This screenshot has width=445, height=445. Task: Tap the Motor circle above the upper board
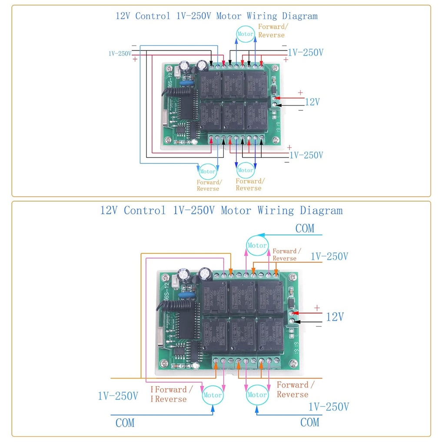click(245, 34)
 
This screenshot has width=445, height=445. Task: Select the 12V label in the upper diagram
click(312, 102)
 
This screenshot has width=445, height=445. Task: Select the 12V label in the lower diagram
click(335, 317)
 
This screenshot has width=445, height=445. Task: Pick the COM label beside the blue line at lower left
click(125, 422)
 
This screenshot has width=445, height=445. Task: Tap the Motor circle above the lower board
click(257, 246)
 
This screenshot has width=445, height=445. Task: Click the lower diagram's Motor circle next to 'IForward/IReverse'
click(213, 395)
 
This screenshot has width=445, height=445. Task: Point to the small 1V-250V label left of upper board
click(120, 54)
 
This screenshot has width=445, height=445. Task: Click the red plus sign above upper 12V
click(300, 93)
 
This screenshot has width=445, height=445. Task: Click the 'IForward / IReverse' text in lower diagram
click(169, 394)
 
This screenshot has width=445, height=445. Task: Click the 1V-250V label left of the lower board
click(118, 396)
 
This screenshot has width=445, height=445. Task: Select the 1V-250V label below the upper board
click(306, 155)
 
